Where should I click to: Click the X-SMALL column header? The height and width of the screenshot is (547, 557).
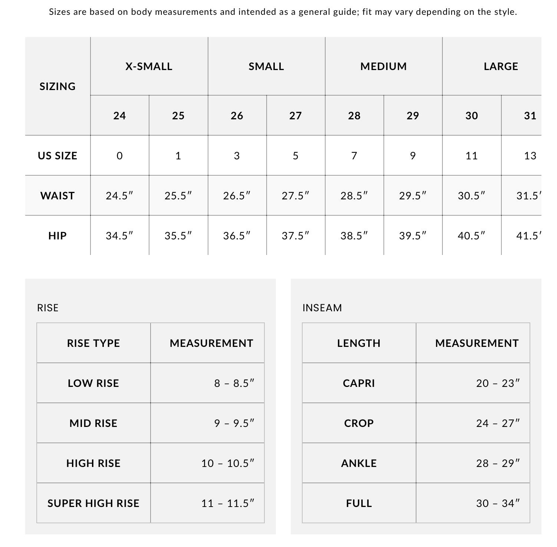pos(149,66)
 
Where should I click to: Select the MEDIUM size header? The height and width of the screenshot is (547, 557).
pos(383,66)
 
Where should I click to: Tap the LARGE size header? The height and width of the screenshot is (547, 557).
pos(501,66)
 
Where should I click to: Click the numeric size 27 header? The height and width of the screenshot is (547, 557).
pos(296,116)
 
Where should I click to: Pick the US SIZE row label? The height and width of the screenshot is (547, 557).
pos(57,156)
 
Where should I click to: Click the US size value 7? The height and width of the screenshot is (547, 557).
pos(354,156)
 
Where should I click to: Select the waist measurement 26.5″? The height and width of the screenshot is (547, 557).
pos(237,196)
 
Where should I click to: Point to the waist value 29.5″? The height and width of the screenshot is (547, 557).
pos(413,196)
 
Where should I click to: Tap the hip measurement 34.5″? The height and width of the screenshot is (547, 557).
pos(119,236)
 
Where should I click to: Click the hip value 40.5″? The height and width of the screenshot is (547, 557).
pos(471,236)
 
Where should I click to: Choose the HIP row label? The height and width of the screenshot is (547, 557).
pos(57,236)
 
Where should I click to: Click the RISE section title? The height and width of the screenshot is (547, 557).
pos(48,308)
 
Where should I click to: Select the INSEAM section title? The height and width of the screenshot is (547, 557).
pos(322,308)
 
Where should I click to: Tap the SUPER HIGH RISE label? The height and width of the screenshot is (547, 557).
pos(93,503)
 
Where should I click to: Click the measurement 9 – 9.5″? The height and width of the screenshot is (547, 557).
pos(234,423)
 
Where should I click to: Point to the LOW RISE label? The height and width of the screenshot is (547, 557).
pos(93,383)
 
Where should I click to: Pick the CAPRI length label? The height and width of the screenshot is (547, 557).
pos(359,383)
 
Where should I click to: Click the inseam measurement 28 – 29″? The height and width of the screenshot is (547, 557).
pos(498,463)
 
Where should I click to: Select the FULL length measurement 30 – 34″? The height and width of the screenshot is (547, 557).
pos(498,503)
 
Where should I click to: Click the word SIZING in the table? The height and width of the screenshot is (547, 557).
pos(57,86)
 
